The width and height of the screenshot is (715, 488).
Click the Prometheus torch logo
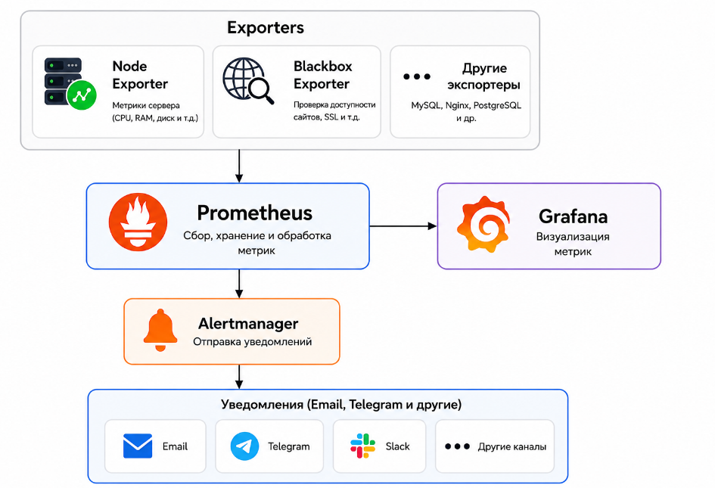click(138, 222)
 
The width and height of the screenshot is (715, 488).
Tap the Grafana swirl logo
click(483, 224)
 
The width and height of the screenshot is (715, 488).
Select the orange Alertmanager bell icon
click(160, 330)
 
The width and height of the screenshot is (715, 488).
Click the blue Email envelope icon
click(138, 446)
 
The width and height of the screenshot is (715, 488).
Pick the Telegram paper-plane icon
click(245, 446)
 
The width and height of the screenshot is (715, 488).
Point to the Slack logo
click(362, 446)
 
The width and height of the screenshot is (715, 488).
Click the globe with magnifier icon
click(248, 81)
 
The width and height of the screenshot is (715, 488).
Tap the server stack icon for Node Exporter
click(70, 83)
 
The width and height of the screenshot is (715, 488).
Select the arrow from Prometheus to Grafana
click(403, 225)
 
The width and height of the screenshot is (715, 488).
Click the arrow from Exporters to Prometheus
click(239, 166)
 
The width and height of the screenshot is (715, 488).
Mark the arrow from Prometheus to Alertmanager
click(239, 284)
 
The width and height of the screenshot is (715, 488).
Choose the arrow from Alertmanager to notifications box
click(239, 377)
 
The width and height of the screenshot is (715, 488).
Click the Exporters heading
click(266, 27)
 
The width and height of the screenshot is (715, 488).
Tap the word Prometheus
click(254, 213)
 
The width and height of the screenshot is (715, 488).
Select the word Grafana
click(574, 216)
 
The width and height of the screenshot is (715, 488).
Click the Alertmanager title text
click(248, 323)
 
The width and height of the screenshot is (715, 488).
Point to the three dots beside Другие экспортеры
click(417, 76)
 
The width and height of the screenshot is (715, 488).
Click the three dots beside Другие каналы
click(457, 446)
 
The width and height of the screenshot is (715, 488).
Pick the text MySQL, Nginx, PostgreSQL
click(466, 105)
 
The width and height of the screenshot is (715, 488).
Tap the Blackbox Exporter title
click(323, 75)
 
